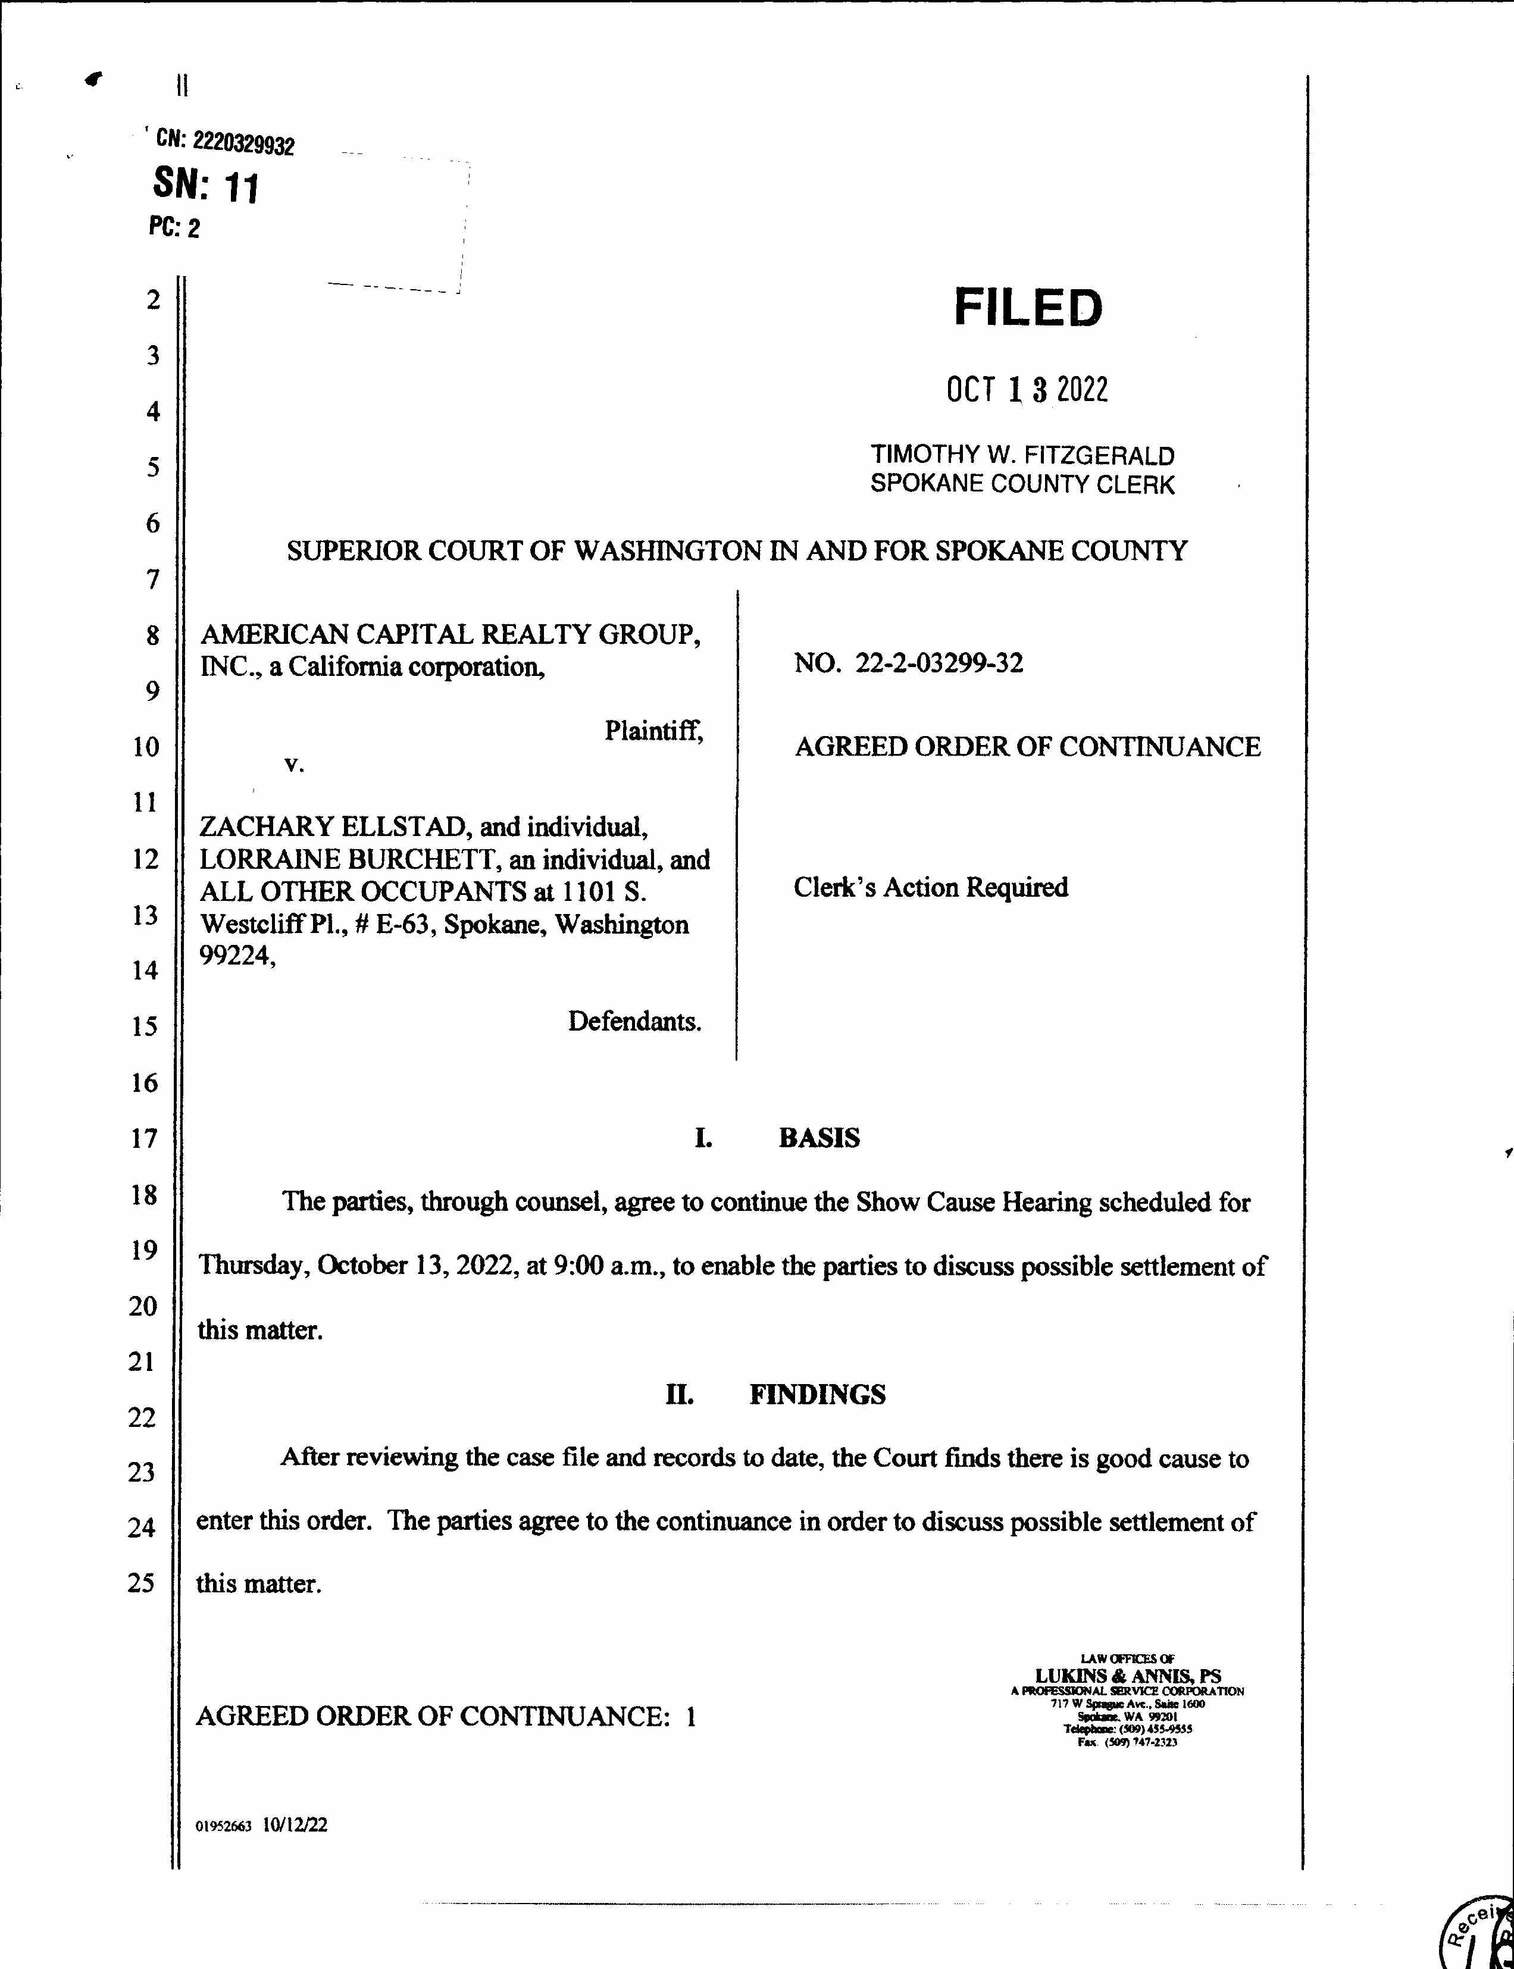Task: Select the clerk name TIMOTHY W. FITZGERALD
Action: coord(1022,455)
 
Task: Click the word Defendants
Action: coord(634,1021)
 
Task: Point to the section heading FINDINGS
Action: coord(817,1394)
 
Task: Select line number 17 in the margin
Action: coord(144,1138)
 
